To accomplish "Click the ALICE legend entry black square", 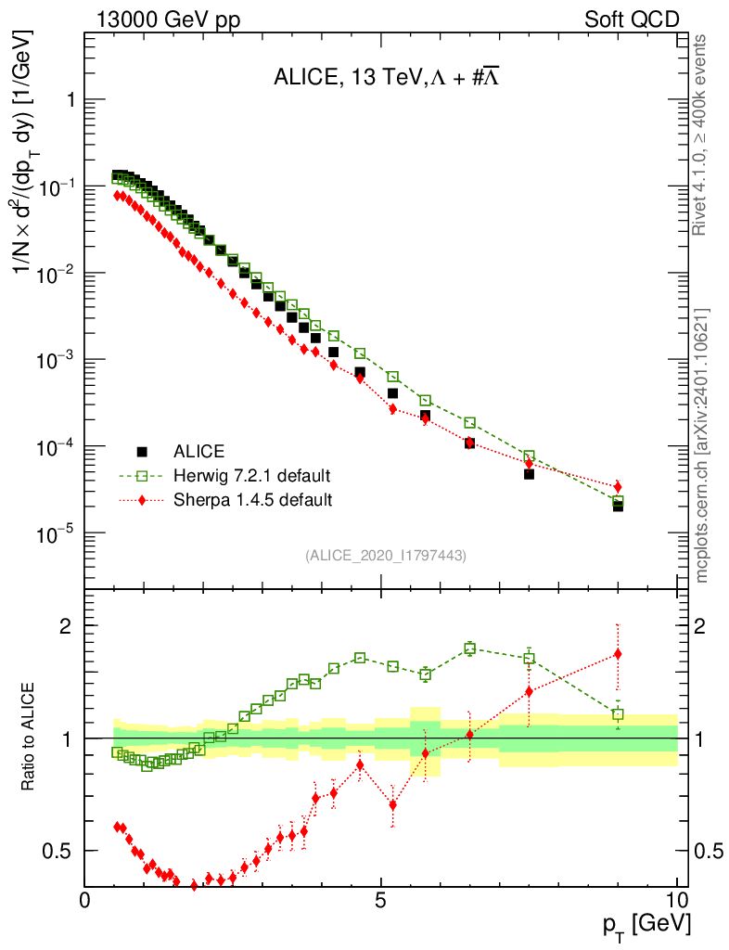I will click(x=142, y=452).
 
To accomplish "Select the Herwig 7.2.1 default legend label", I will click(x=252, y=476).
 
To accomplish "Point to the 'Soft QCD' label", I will click(x=632, y=19).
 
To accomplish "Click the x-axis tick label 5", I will click(x=381, y=900).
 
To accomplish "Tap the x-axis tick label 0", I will click(x=85, y=900).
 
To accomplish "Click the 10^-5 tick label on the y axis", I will click(x=55, y=533).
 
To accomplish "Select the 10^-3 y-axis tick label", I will click(x=55, y=360).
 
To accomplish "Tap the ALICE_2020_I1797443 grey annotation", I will click(x=386, y=555).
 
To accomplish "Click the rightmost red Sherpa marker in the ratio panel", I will click(x=618, y=654).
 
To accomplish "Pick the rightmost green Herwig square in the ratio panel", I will click(x=618, y=714).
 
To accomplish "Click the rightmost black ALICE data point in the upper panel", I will click(x=618, y=506).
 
